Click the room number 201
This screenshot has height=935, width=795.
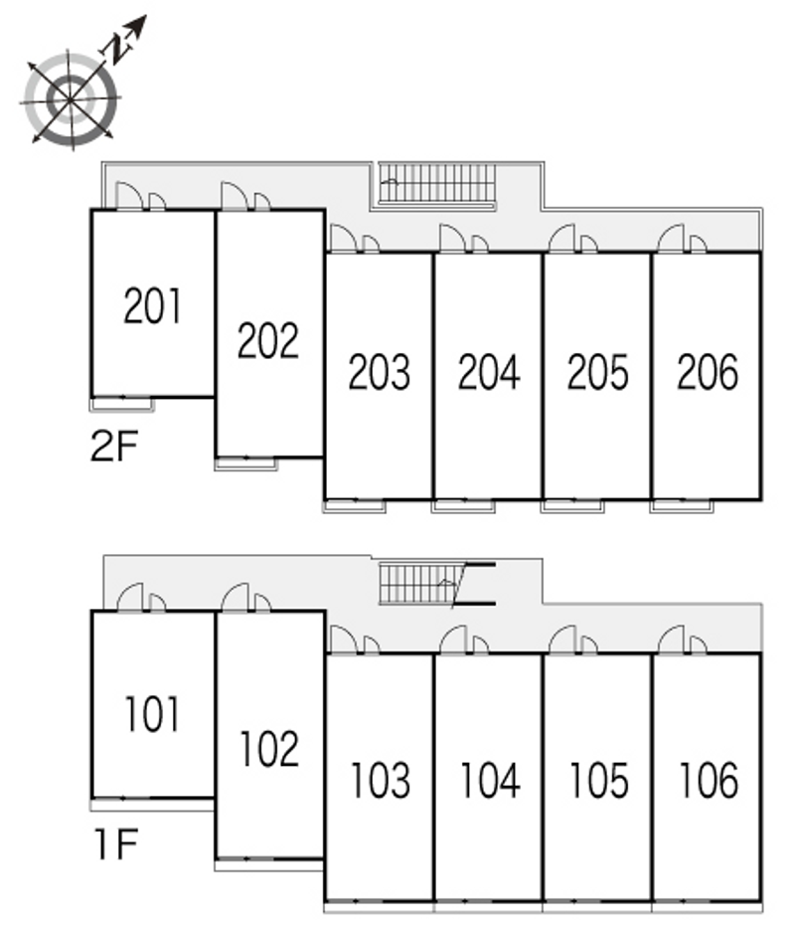[x=153, y=305]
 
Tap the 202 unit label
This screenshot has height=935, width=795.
[x=268, y=340]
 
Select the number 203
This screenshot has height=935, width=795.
[x=379, y=372]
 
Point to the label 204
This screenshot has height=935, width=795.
[x=489, y=372]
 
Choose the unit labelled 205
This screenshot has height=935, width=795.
[x=598, y=372]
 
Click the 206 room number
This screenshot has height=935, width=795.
[x=708, y=372]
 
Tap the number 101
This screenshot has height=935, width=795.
[x=152, y=714]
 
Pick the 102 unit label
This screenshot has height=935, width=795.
[x=268, y=748]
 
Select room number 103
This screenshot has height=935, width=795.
[x=380, y=781]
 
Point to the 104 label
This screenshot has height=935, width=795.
[x=489, y=781]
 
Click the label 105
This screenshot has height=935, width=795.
[x=598, y=781]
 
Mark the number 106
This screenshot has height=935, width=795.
[x=709, y=781]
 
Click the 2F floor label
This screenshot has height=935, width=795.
[x=113, y=449]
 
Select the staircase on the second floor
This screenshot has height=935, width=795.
[x=437, y=183]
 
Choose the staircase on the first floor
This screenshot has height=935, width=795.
[x=418, y=584]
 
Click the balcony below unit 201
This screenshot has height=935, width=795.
[x=122, y=404]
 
